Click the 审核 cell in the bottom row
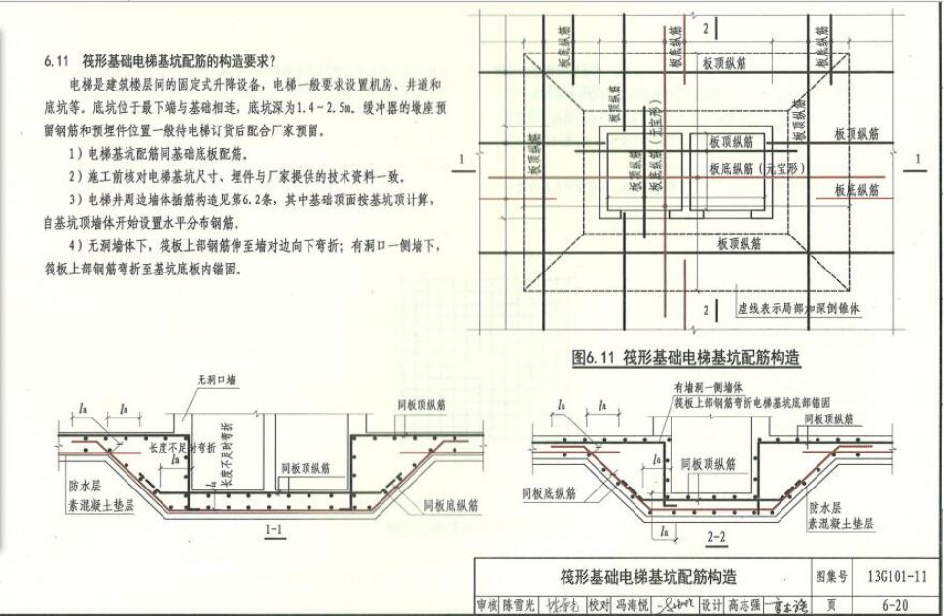click(487, 603)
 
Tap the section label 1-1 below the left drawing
click(274, 531)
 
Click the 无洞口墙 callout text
click(217, 381)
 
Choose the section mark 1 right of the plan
click(917, 158)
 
